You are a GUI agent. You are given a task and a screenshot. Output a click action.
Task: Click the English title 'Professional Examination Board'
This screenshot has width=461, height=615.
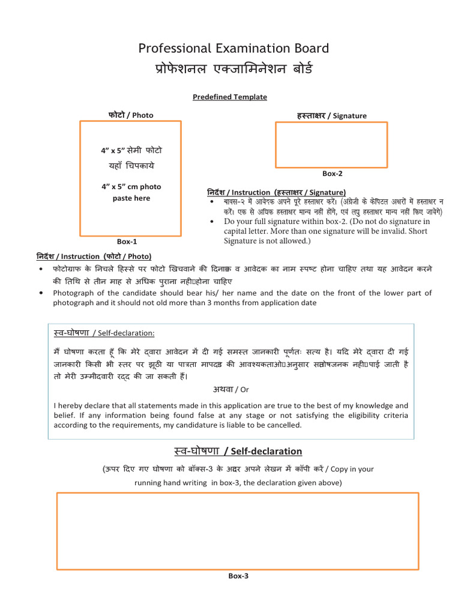(234, 49)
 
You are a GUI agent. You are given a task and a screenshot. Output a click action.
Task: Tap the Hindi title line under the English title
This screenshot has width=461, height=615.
(234, 70)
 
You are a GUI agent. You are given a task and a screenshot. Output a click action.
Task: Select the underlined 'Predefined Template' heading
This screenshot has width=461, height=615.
(230, 97)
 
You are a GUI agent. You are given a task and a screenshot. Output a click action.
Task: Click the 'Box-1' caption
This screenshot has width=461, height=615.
(127, 241)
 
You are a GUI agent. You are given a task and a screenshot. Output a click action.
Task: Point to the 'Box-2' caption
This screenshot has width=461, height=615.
(332, 174)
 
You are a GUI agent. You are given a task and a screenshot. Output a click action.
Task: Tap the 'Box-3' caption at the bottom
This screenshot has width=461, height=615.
(238, 575)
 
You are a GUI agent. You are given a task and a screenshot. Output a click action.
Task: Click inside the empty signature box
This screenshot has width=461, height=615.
(331, 144)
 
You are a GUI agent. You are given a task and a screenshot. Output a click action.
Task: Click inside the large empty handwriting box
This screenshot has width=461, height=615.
(238, 530)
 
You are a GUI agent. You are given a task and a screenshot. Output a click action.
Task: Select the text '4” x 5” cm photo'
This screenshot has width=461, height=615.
(131, 187)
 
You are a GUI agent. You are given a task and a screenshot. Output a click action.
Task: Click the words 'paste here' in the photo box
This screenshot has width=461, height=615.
(131, 198)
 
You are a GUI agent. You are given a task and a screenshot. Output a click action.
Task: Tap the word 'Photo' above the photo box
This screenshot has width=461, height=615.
(143, 115)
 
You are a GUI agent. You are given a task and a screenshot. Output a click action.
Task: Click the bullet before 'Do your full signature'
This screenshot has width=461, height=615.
(212, 222)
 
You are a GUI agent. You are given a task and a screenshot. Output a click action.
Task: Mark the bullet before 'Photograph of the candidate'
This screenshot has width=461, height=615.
(40, 293)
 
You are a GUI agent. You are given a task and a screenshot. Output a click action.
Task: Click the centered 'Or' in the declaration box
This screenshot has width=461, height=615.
(244, 389)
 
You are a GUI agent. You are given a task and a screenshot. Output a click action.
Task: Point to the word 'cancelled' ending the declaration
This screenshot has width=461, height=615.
(284, 425)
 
